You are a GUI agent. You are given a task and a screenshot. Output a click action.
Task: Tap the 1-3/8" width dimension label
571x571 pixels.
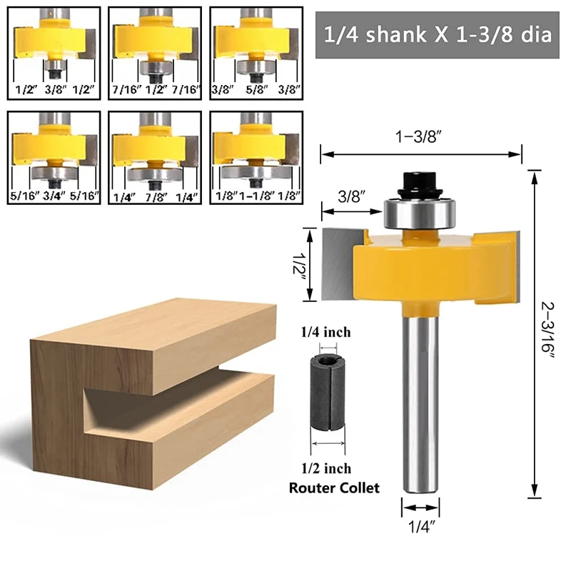(421, 137)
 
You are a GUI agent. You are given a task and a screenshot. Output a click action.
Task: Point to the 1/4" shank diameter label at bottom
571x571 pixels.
(420, 527)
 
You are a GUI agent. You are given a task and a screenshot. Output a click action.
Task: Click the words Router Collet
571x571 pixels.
(334, 488)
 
